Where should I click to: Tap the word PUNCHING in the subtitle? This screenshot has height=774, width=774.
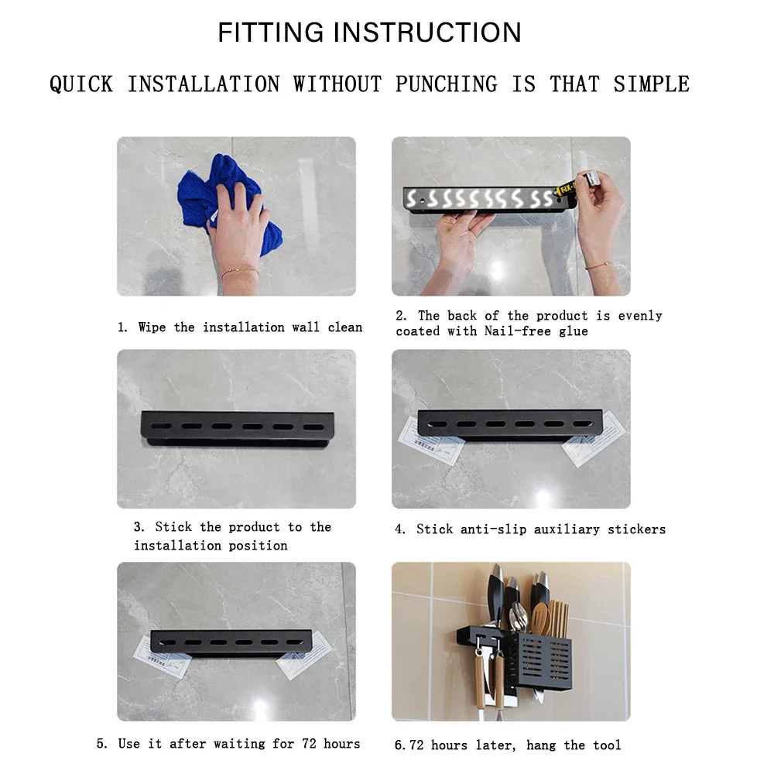click(447, 84)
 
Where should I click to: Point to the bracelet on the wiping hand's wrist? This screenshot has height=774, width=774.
click(239, 271)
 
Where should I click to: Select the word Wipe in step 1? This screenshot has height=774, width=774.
click(152, 327)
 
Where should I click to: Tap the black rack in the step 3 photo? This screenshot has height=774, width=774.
click(238, 429)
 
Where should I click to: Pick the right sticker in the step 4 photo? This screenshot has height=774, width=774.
click(594, 439)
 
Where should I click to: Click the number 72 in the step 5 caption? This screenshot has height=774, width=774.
click(309, 743)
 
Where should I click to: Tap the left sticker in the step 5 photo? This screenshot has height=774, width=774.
click(162, 657)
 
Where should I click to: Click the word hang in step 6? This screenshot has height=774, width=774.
click(541, 745)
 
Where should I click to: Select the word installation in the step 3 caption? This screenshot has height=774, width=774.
click(177, 546)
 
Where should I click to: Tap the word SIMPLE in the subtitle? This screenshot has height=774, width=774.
click(651, 84)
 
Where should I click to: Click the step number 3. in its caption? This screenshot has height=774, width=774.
click(139, 527)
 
